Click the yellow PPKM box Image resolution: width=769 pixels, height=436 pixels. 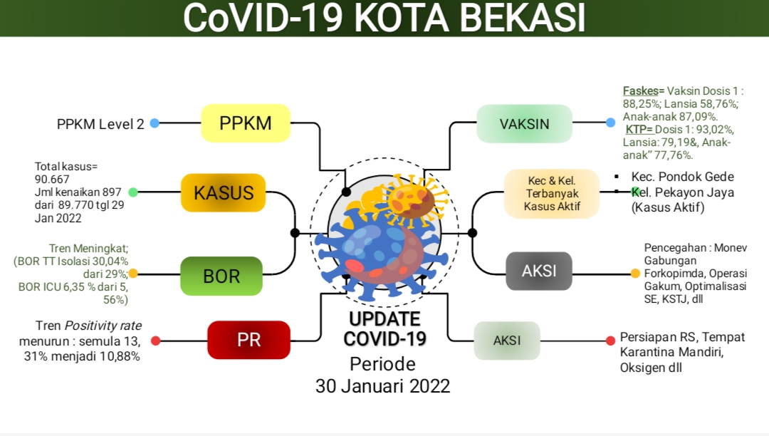[x=246, y=123]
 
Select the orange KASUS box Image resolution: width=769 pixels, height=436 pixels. [x=223, y=193]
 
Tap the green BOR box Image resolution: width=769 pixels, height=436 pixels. [x=221, y=276]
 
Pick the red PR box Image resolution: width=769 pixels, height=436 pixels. [x=249, y=340]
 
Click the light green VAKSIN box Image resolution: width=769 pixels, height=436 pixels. [x=524, y=123]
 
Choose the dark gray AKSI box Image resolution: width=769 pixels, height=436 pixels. [x=539, y=271]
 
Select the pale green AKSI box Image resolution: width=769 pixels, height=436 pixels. [x=507, y=341]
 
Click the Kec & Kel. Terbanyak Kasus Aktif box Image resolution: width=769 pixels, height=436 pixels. [x=552, y=194]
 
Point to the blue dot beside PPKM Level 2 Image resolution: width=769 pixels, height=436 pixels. [x=155, y=123]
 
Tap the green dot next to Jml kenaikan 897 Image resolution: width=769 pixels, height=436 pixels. [x=133, y=192]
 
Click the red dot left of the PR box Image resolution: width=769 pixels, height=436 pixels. [x=155, y=341]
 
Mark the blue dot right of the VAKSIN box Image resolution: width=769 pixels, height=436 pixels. [x=611, y=123]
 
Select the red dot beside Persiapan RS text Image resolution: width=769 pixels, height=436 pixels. [x=611, y=341]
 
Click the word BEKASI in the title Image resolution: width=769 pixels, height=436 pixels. [x=523, y=18]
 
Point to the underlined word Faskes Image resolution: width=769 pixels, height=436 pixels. [x=641, y=91]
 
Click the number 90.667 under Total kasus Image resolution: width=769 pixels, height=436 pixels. [x=52, y=180]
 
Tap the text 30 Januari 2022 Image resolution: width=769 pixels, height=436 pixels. [x=382, y=386]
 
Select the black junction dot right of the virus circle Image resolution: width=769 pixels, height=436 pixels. [x=472, y=233]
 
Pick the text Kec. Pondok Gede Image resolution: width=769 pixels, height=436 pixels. [x=683, y=177]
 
